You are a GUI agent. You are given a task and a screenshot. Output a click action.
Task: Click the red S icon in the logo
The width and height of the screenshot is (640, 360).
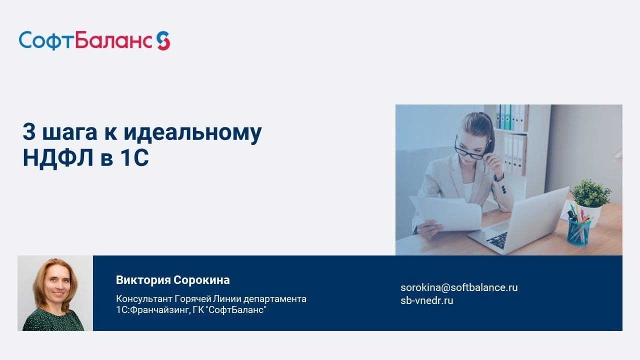[x=163, y=40]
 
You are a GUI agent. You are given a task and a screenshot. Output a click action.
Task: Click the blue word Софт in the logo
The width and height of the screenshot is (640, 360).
[x=46, y=40]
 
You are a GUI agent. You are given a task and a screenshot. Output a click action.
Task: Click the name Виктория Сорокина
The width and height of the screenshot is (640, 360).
[x=172, y=280]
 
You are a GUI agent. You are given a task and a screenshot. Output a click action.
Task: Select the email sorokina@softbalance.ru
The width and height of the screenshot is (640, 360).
[x=459, y=287]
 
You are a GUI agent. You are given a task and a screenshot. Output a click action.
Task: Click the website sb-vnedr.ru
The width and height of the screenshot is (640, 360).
[x=426, y=300]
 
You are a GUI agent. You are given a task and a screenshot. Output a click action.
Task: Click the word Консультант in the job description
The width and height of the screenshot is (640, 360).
[x=143, y=299]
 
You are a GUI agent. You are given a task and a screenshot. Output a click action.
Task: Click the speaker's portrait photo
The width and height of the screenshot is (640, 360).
[x=55, y=293]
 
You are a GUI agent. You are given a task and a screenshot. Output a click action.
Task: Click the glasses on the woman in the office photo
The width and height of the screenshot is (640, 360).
[x=470, y=150]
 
